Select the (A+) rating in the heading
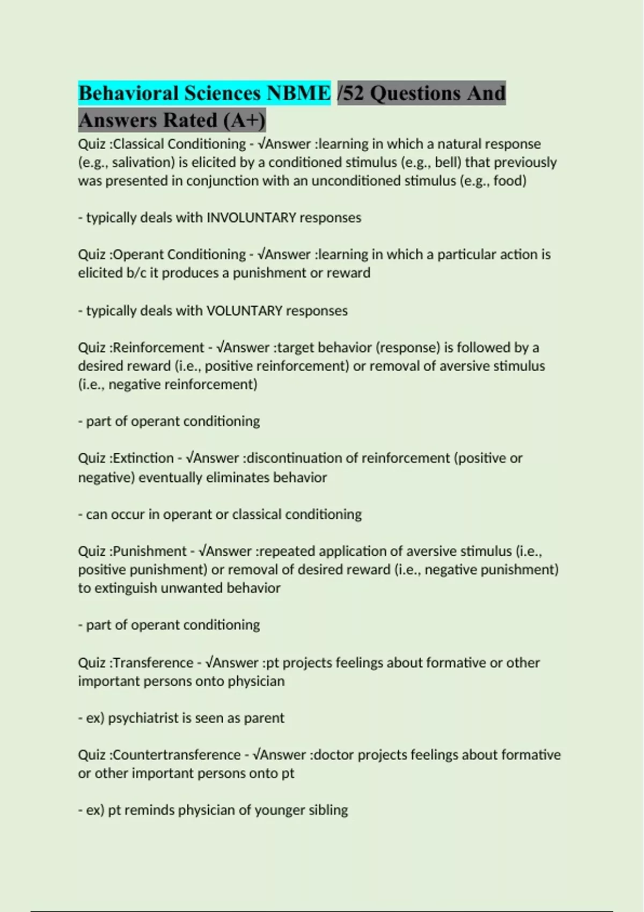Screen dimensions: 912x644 pos(245,121)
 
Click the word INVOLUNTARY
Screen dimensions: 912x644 pos(251,218)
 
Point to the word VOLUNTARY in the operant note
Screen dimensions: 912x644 pos(244,311)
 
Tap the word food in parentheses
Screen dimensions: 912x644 pos(508,181)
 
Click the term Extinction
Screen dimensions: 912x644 pos(143,458)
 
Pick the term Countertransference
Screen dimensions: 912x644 pos(177,755)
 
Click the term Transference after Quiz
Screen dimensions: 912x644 pos(153,663)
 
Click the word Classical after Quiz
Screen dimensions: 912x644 pos(139,144)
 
